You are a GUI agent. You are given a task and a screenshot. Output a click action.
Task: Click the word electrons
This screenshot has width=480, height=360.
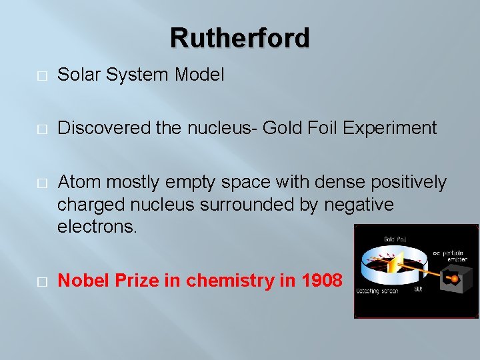pyautogui.click(x=97, y=227)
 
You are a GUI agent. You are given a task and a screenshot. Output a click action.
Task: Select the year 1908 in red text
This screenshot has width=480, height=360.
pyautogui.click(x=322, y=281)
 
